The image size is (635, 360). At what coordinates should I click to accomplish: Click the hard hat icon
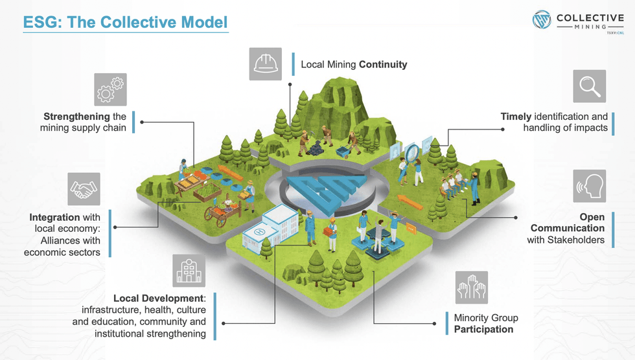pyautogui.click(x=265, y=64)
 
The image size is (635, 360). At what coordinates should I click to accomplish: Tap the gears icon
pyautogui.click(x=110, y=89)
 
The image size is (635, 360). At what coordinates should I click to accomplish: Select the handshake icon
pyautogui.click(x=84, y=189)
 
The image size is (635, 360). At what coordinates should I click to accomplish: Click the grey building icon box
pyautogui.click(x=189, y=270)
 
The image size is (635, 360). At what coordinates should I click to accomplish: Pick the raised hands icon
pyautogui.click(x=471, y=287)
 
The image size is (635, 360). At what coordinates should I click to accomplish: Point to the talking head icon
pyautogui.click(x=589, y=186)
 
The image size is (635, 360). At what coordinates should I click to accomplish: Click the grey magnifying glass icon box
pyautogui.click(x=589, y=87)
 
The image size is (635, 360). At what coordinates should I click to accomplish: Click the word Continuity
pyautogui.click(x=383, y=65)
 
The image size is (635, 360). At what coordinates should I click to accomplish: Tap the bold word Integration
pyautogui.click(x=54, y=218)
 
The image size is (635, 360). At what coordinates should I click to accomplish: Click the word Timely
pyautogui.click(x=516, y=117)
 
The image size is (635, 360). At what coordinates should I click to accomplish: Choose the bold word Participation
pyautogui.click(x=483, y=329)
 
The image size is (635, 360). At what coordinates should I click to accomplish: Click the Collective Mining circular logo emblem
pyautogui.click(x=542, y=19)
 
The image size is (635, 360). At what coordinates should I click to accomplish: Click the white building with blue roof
pyautogui.click(x=268, y=227)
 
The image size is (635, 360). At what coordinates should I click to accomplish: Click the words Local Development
pyautogui.click(x=158, y=298)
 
